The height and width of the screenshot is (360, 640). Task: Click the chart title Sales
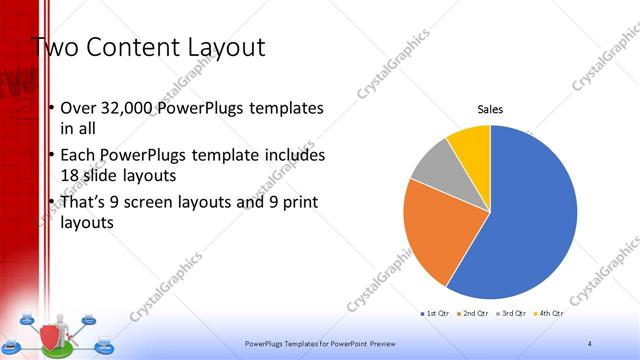pos(490,109)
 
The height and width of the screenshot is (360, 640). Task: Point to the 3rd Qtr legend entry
pos(510,314)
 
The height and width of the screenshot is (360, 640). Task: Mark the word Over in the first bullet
pos(78,108)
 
